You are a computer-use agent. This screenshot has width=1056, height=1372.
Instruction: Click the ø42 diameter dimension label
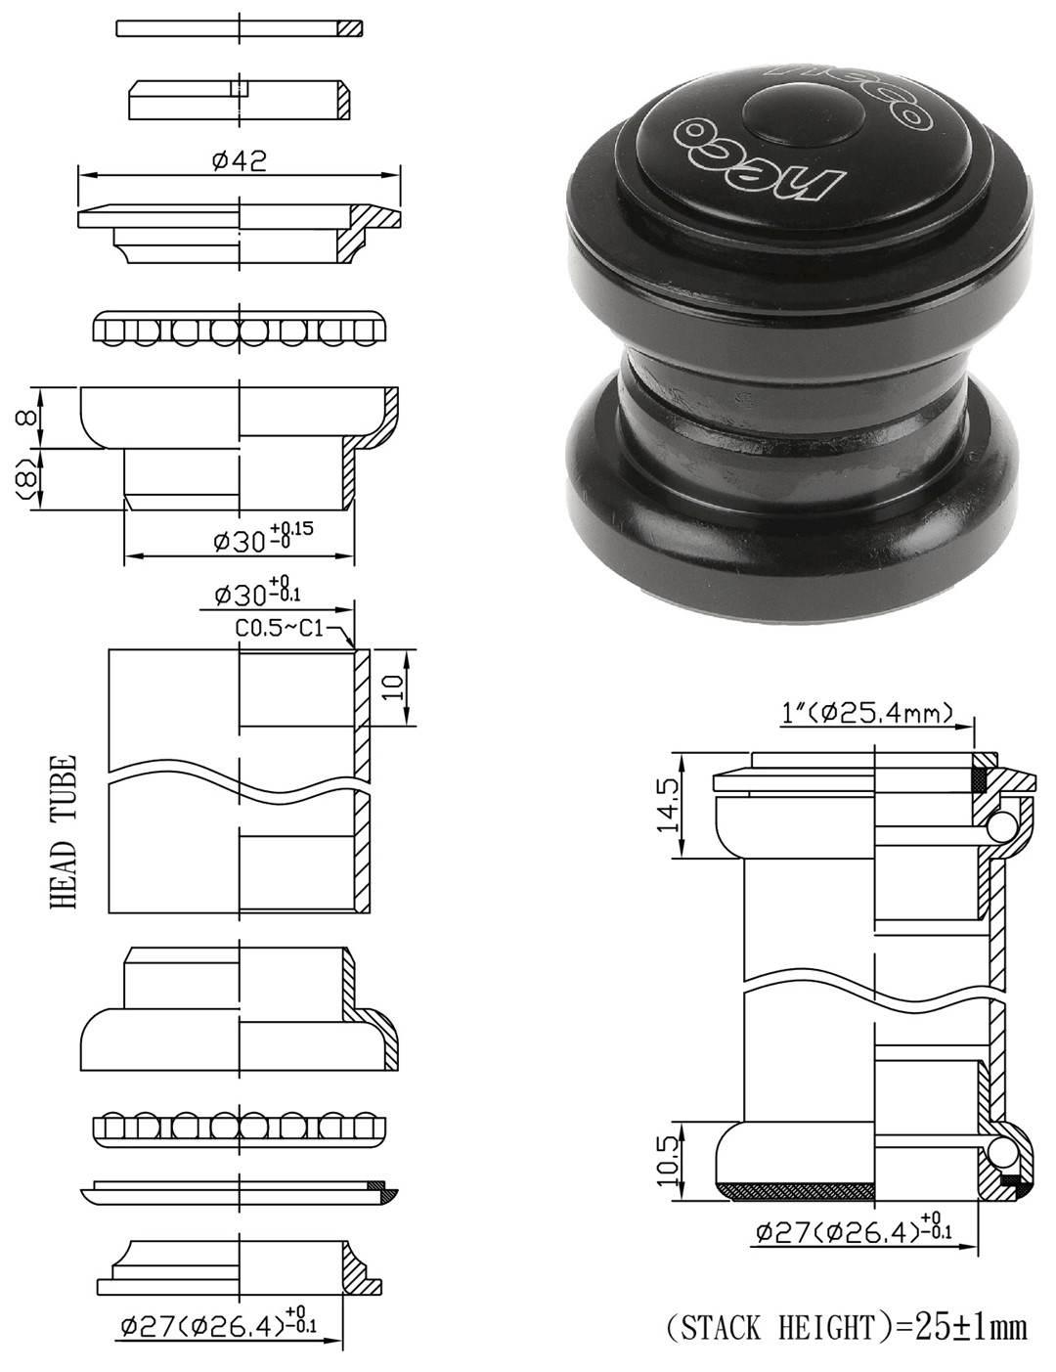coord(240,160)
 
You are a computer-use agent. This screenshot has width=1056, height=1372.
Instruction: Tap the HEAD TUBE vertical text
coord(64,832)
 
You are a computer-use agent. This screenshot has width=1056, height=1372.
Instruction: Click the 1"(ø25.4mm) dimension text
coord(866,714)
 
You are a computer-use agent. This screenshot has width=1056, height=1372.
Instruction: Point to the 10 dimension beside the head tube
coord(393,686)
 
